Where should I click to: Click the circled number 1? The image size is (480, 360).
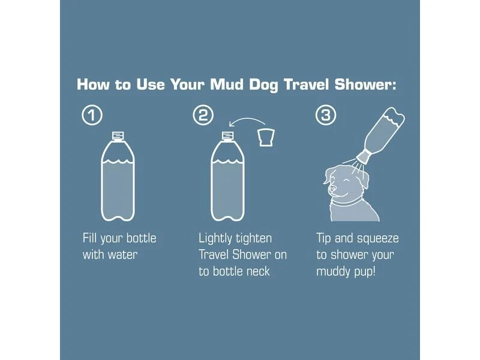point(92,115)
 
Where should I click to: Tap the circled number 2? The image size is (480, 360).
point(203,115)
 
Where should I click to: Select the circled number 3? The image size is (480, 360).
point(326,115)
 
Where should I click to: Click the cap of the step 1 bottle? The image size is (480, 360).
point(118,136)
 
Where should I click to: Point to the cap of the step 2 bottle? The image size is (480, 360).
point(228,136)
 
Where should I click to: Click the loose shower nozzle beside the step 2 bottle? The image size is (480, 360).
point(266,137)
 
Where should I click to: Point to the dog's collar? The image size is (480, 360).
point(347,202)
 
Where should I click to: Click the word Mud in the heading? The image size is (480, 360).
point(227,85)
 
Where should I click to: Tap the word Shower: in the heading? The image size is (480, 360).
point(365,85)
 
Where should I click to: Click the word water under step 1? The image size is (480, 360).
point(122,254)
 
